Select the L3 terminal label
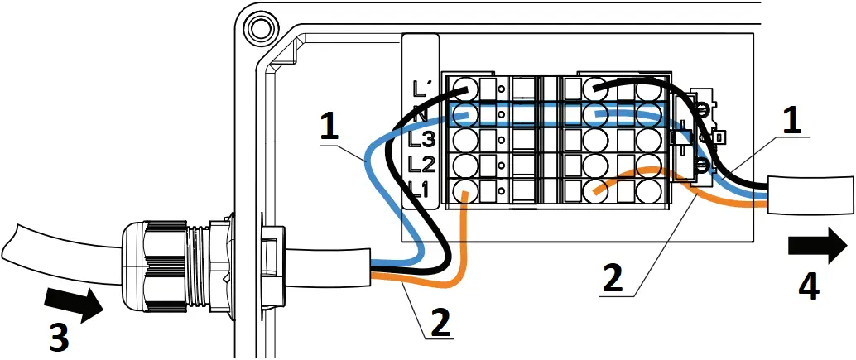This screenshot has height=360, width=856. pos(422,138)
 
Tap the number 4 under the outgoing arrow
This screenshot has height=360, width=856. pos(809,286)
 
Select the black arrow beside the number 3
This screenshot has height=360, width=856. pos(75,302)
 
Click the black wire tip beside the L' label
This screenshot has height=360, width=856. pos(463,89)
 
